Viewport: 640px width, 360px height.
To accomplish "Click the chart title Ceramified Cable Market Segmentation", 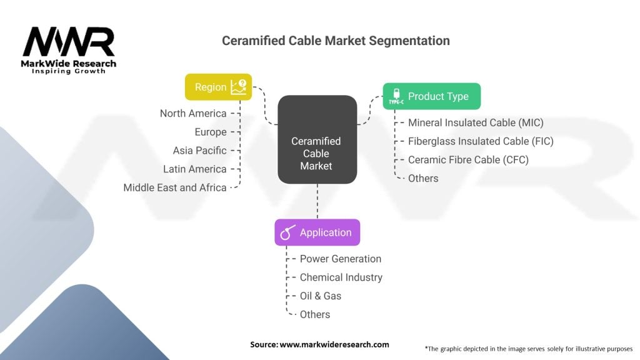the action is click(x=336, y=41).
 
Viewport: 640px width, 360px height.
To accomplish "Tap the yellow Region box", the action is click(x=218, y=87).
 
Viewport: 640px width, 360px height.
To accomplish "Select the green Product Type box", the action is click(x=432, y=96).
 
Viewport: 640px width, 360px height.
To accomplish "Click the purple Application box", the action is click(x=317, y=232).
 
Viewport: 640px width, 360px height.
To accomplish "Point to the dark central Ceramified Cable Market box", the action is click(x=317, y=139).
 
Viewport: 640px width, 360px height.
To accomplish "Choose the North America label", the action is click(x=193, y=114).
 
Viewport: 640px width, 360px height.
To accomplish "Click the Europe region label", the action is click(x=211, y=132).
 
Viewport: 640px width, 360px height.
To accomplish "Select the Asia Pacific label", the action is click(x=199, y=151).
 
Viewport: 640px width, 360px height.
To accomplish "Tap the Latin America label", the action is click(x=195, y=169).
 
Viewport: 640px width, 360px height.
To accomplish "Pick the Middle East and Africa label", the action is click(x=175, y=187).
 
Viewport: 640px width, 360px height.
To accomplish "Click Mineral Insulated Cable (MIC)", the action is click(x=476, y=123).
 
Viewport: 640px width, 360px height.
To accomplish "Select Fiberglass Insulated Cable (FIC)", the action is click(x=481, y=141).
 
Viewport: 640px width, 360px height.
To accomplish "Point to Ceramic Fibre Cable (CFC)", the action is click(x=468, y=160).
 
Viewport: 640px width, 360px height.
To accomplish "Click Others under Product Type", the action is click(x=423, y=178).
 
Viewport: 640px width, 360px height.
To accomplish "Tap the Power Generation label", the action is click(x=341, y=259).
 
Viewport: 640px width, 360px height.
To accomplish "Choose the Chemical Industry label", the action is click(x=341, y=277).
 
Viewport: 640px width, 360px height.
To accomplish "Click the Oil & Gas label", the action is click(x=321, y=296).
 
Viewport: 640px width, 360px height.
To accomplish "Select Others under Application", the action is click(x=315, y=315).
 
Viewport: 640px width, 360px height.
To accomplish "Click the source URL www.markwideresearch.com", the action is click(x=334, y=344).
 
